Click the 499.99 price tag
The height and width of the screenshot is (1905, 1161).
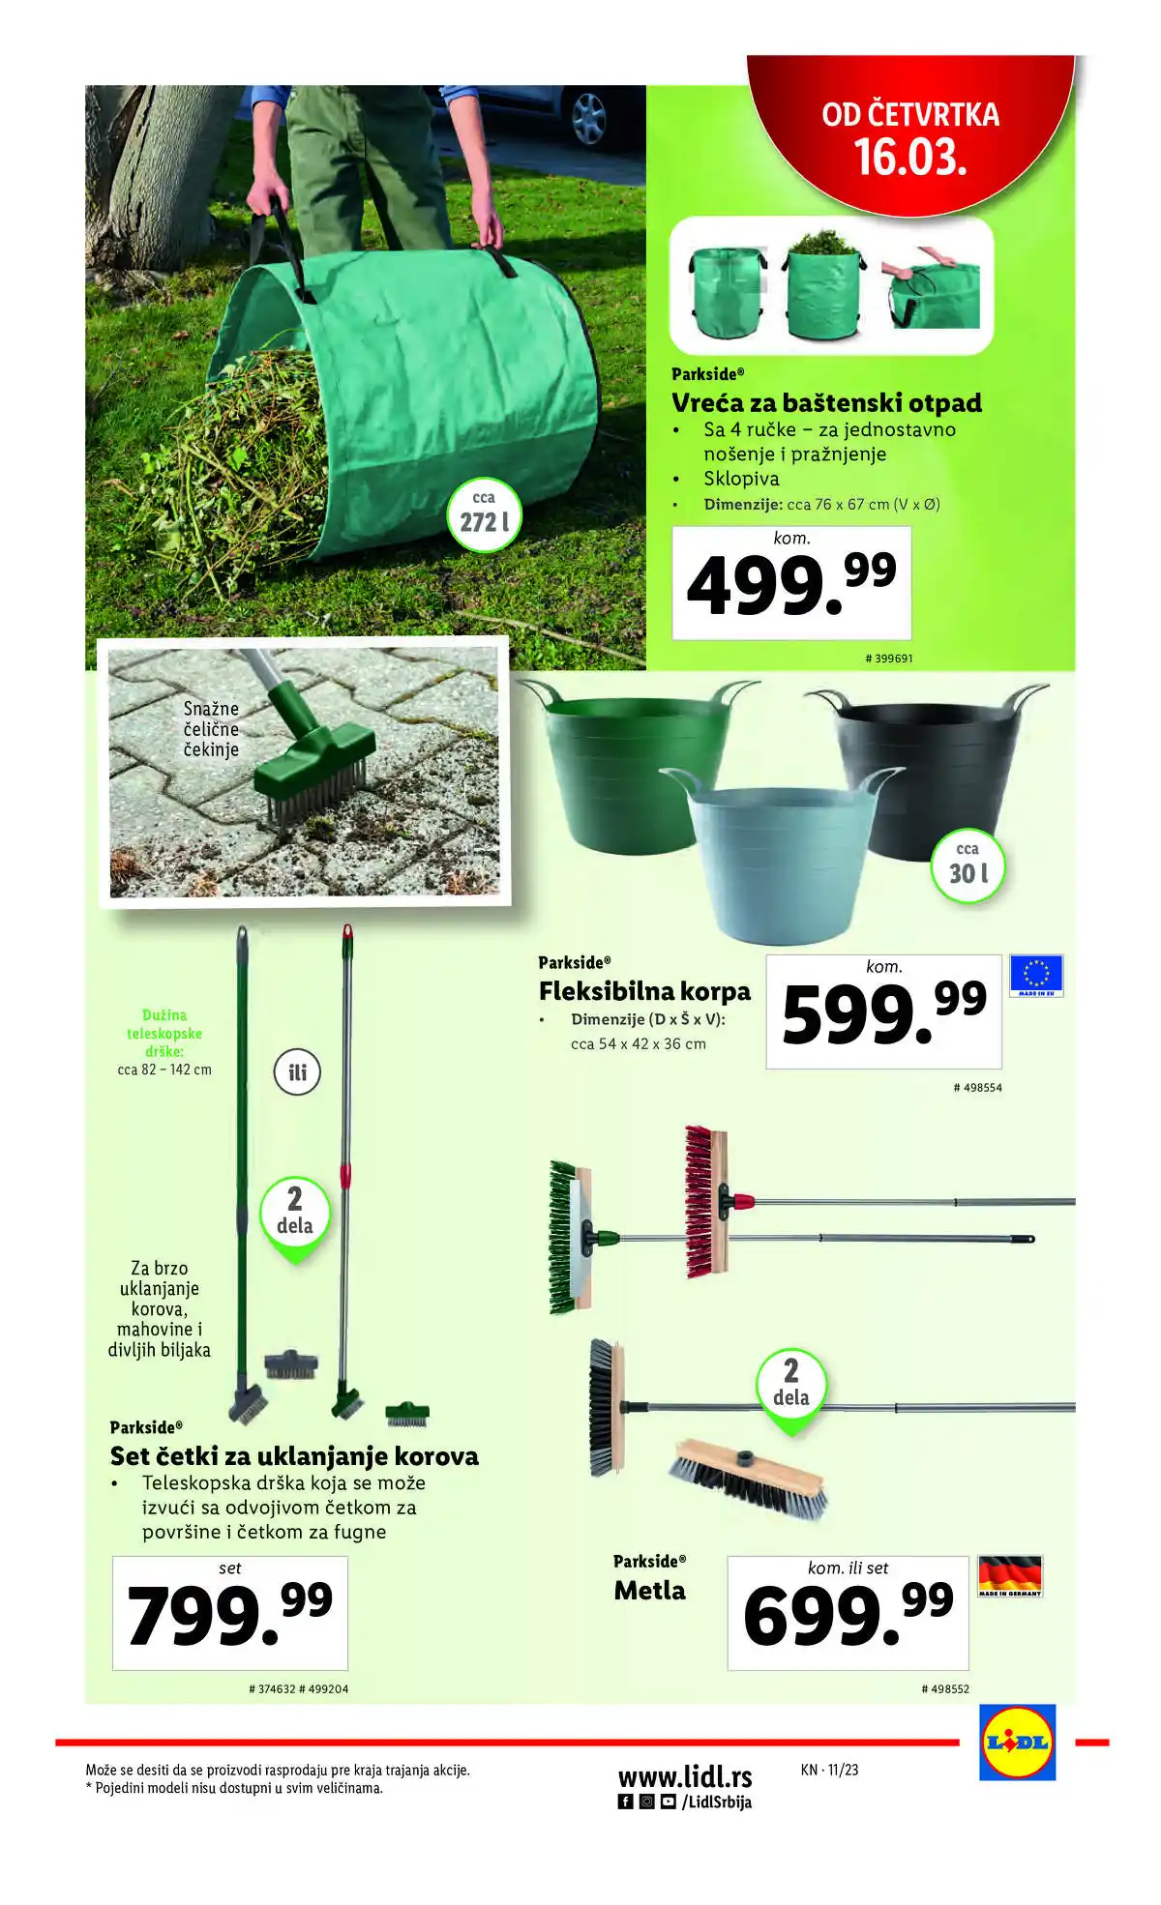pos(791,583)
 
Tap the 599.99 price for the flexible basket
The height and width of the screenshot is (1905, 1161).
pos(883,1012)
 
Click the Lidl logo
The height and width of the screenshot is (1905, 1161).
pos(1017,1743)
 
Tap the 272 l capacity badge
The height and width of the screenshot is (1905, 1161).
pos(484,515)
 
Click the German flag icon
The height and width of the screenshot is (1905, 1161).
pos(1010,1575)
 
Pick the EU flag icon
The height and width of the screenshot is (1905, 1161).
pos(1036,975)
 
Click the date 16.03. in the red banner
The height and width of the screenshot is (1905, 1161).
pos(910,158)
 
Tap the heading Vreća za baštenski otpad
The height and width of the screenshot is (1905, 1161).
pos(826,402)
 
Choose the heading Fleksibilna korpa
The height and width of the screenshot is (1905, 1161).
pos(644,991)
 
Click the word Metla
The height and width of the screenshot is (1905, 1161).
pos(649,1591)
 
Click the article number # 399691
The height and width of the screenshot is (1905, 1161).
pos(888,659)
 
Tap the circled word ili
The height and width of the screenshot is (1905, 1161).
pos(297,1072)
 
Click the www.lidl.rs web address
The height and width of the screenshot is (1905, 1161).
pos(685,1776)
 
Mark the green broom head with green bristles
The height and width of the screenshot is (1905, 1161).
pos(569,1238)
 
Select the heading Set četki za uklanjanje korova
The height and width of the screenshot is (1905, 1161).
pos(294,1456)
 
